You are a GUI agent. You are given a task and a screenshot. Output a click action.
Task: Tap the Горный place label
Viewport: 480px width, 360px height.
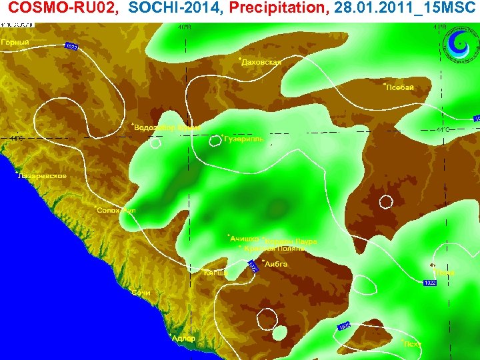pos(15,42)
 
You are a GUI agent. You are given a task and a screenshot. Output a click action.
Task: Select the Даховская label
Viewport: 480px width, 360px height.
pos(261,62)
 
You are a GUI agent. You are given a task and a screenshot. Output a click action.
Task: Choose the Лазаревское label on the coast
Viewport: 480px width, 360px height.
pos(41,176)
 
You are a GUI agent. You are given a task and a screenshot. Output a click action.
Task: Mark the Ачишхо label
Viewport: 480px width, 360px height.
pos(243,239)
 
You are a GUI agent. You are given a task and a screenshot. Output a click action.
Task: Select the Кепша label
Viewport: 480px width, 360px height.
pos(216,273)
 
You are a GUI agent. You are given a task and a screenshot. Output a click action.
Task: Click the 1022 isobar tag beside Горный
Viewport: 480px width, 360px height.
pos(72,47)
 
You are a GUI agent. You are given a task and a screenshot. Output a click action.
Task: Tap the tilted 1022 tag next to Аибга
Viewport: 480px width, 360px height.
pos(253,267)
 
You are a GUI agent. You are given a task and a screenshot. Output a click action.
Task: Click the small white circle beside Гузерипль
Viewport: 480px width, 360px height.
pos(216,140)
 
